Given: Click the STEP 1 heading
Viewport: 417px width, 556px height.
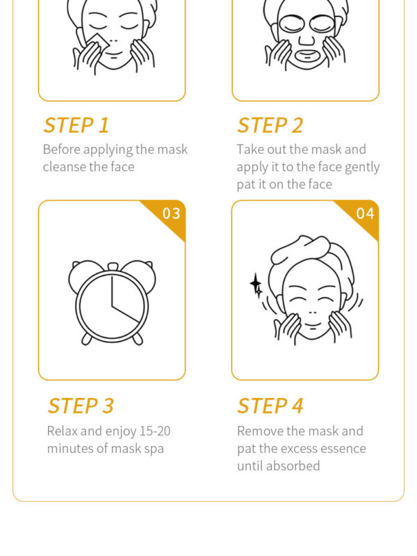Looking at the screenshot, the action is tap(76, 125).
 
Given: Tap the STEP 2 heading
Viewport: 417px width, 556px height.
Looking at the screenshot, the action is tap(270, 125).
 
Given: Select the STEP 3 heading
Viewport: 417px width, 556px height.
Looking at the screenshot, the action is tap(81, 406).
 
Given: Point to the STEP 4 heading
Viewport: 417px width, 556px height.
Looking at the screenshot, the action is tap(270, 406).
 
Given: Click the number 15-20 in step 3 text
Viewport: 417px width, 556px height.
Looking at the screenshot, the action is tap(155, 431).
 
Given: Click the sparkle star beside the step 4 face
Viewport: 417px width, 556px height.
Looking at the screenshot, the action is tap(256, 285).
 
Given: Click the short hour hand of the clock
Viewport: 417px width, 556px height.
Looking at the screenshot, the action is tap(126, 314).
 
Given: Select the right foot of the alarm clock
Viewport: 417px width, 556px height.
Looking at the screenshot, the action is tap(138, 339).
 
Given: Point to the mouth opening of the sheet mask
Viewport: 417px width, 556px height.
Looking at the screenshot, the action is tap(307, 55).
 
